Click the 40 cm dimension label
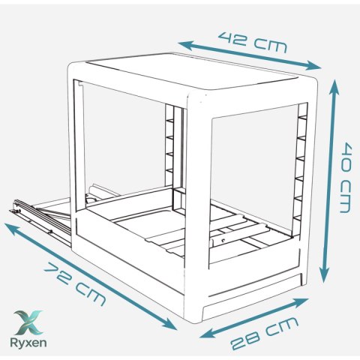[x=347, y=178]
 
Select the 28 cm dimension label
[x=265, y=333]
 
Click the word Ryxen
[x=28, y=342]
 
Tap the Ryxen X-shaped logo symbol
[x=28, y=322]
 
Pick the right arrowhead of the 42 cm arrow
[x=313, y=66]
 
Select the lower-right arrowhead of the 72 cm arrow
[x=169, y=324]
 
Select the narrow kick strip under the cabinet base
[x=253, y=298]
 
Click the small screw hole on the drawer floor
[x=223, y=240]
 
